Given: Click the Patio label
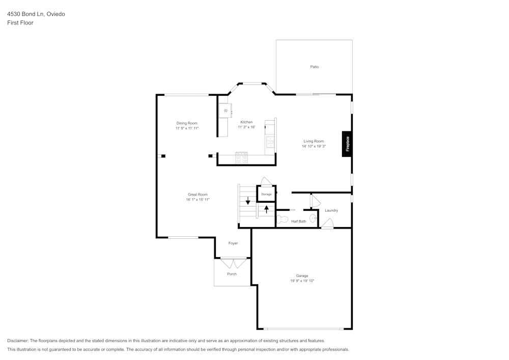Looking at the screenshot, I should [x=315, y=67].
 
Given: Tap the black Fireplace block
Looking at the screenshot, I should [x=347, y=144].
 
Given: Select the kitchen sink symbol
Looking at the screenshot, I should [x=225, y=110].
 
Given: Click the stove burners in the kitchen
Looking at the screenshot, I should [x=241, y=158].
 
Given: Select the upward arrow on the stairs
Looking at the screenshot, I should [x=266, y=209].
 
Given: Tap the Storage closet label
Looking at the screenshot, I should [x=266, y=194].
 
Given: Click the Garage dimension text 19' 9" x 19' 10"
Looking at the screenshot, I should [x=302, y=281].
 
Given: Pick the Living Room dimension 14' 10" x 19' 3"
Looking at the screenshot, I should [x=314, y=146].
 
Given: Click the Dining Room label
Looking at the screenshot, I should [x=187, y=123].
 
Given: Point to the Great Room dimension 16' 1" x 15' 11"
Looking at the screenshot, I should [x=197, y=200].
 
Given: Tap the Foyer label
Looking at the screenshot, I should [x=233, y=243].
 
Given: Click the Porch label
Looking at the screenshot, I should [x=232, y=274].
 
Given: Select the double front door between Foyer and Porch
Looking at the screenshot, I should [x=233, y=263].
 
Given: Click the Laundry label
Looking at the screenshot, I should [x=331, y=210].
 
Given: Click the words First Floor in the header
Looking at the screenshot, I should [x=20, y=23].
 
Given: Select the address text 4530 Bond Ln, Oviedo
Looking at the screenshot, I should [x=36, y=14].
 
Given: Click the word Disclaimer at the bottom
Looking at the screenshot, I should [x=18, y=341].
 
